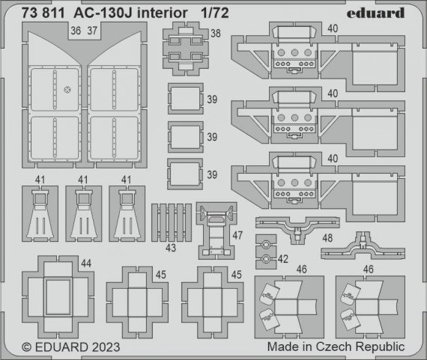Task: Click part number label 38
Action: (216, 33)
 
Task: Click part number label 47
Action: (237, 234)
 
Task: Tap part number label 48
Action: (327, 237)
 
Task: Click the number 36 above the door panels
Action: (75, 32)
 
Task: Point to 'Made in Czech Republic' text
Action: (336, 347)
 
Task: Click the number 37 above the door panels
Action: (92, 32)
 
